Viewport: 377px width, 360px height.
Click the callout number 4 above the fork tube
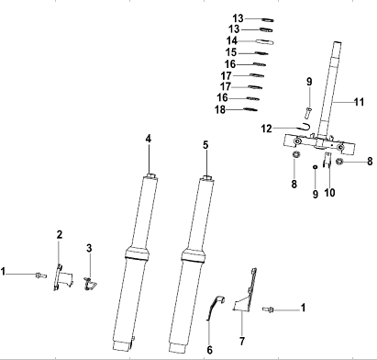(x=149, y=139)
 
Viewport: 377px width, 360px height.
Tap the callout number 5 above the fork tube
(x=205, y=145)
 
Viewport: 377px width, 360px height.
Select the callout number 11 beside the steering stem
(x=359, y=102)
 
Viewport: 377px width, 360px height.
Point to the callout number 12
(x=266, y=129)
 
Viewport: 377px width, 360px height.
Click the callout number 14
(x=232, y=40)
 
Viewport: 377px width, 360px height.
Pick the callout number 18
(x=220, y=109)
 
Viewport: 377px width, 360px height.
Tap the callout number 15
(x=231, y=52)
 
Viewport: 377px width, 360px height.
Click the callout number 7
(x=242, y=341)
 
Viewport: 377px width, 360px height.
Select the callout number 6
(x=209, y=350)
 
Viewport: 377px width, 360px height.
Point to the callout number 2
(x=60, y=234)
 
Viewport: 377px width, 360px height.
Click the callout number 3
(x=89, y=248)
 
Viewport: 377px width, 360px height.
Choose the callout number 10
(x=329, y=193)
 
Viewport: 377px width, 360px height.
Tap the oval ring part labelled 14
(x=265, y=41)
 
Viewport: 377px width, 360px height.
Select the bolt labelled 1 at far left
(x=41, y=276)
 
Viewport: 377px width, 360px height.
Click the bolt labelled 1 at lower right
(x=268, y=309)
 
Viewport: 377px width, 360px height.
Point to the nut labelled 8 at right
(x=339, y=162)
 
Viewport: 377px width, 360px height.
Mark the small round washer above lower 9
(x=315, y=167)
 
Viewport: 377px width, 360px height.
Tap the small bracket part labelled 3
(x=90, y=284)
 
